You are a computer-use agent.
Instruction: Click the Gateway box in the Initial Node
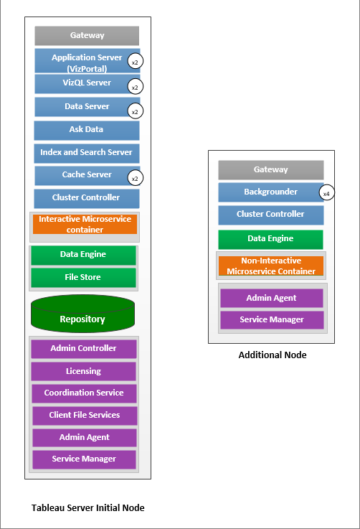[x=87, y=36]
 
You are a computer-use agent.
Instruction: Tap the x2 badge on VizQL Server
[x=134, y=87]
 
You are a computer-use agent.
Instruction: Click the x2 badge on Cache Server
[x=134, y=178]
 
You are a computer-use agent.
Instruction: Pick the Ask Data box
[x=87, y=130]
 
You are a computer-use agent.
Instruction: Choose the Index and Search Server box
[x=87, y=153]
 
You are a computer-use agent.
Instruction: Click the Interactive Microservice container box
[x=85, y=224]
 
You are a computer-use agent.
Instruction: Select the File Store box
[x=83, y=277]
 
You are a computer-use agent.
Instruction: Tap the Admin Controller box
[x=83, y=349]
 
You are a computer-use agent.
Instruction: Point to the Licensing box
[x=83, y=371]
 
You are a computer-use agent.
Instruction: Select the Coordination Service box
[x=83, y=393]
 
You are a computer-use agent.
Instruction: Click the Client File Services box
[x=84, y=415]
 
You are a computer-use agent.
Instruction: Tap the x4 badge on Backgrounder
[x=326, y=194]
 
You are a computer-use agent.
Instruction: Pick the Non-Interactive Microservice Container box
[x=271, y=266]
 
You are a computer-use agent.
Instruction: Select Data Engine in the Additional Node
[x=271, y=239]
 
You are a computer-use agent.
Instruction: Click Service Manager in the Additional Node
[x=271, y=319]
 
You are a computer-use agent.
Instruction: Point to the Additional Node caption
[x=272, y=355]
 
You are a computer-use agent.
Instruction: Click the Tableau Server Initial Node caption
[x=88, y=507]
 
